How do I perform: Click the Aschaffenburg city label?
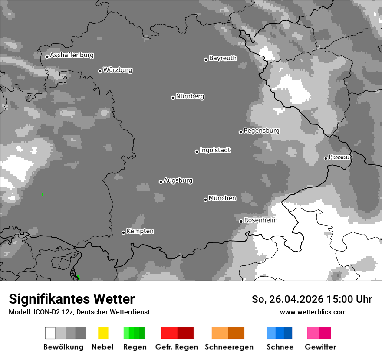tap(72, 55)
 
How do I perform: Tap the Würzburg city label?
tap(118, 70)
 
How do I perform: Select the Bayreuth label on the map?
tap(223, 58)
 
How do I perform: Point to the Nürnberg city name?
tap(190, 96)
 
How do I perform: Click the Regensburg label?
tap(261, 131)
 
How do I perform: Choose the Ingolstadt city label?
tap(215, 150)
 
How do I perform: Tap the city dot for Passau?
tap(326, 158)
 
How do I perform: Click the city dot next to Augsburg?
tap(161, 182)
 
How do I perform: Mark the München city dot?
tap(205, 200)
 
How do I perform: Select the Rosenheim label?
tap(260, 220)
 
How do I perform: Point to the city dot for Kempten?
tap(123, 232)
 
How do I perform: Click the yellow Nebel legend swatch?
tap(103, 333)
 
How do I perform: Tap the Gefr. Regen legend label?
tap(177, 347)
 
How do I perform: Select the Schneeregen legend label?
tap(229, 347)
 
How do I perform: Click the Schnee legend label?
tap(280, 347)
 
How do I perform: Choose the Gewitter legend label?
tap(320, 347)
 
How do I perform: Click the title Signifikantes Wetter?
tap(72, 299)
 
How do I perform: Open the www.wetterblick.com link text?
tap(313, 312)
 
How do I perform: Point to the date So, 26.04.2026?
tap(287, 299)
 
